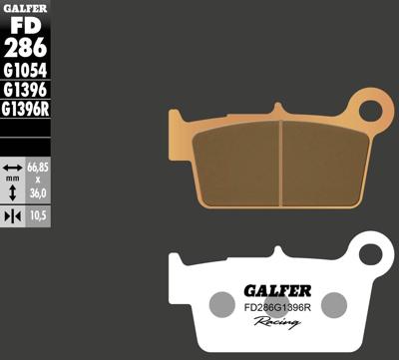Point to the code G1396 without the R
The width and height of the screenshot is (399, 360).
(x=26, y=90)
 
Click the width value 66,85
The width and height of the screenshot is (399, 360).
(x=38, y=167)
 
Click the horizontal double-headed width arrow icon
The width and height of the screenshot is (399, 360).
(x=13, y=167)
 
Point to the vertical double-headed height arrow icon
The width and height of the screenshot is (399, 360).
(x=13, y=190)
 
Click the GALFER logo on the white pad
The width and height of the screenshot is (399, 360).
(x=276, y=290)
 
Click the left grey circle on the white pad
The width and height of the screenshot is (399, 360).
(x=221, y=304)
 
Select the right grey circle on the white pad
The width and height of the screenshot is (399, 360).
(x=333, y=304)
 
